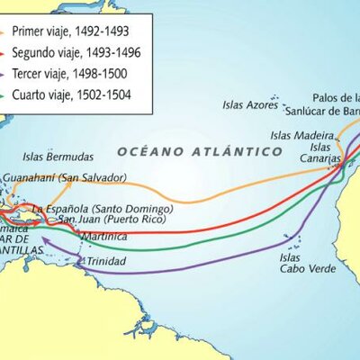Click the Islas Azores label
pos(251,104)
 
